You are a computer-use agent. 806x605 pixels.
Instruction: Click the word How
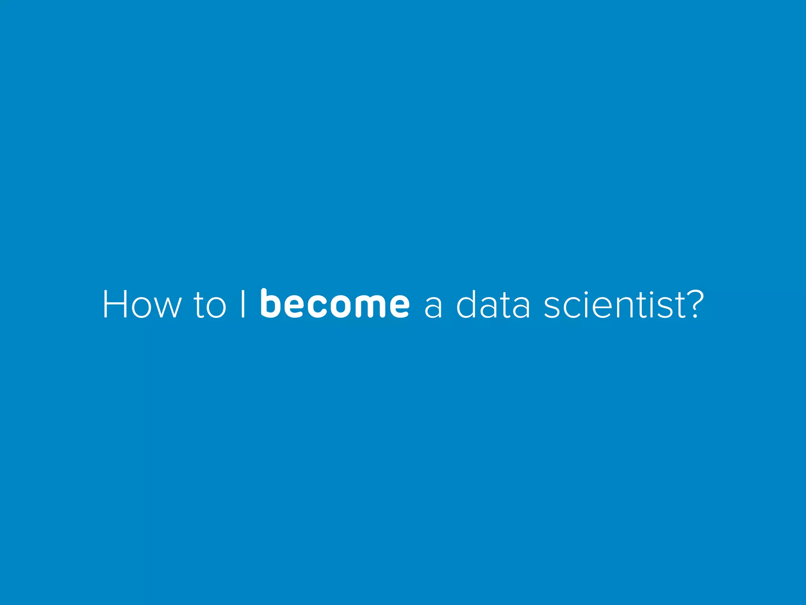(x=142, y=304)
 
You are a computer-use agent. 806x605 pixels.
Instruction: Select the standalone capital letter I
(x=243, y=304)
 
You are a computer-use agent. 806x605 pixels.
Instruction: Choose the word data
(x=493, y=304)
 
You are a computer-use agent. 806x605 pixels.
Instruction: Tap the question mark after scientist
(x=693, y=304)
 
